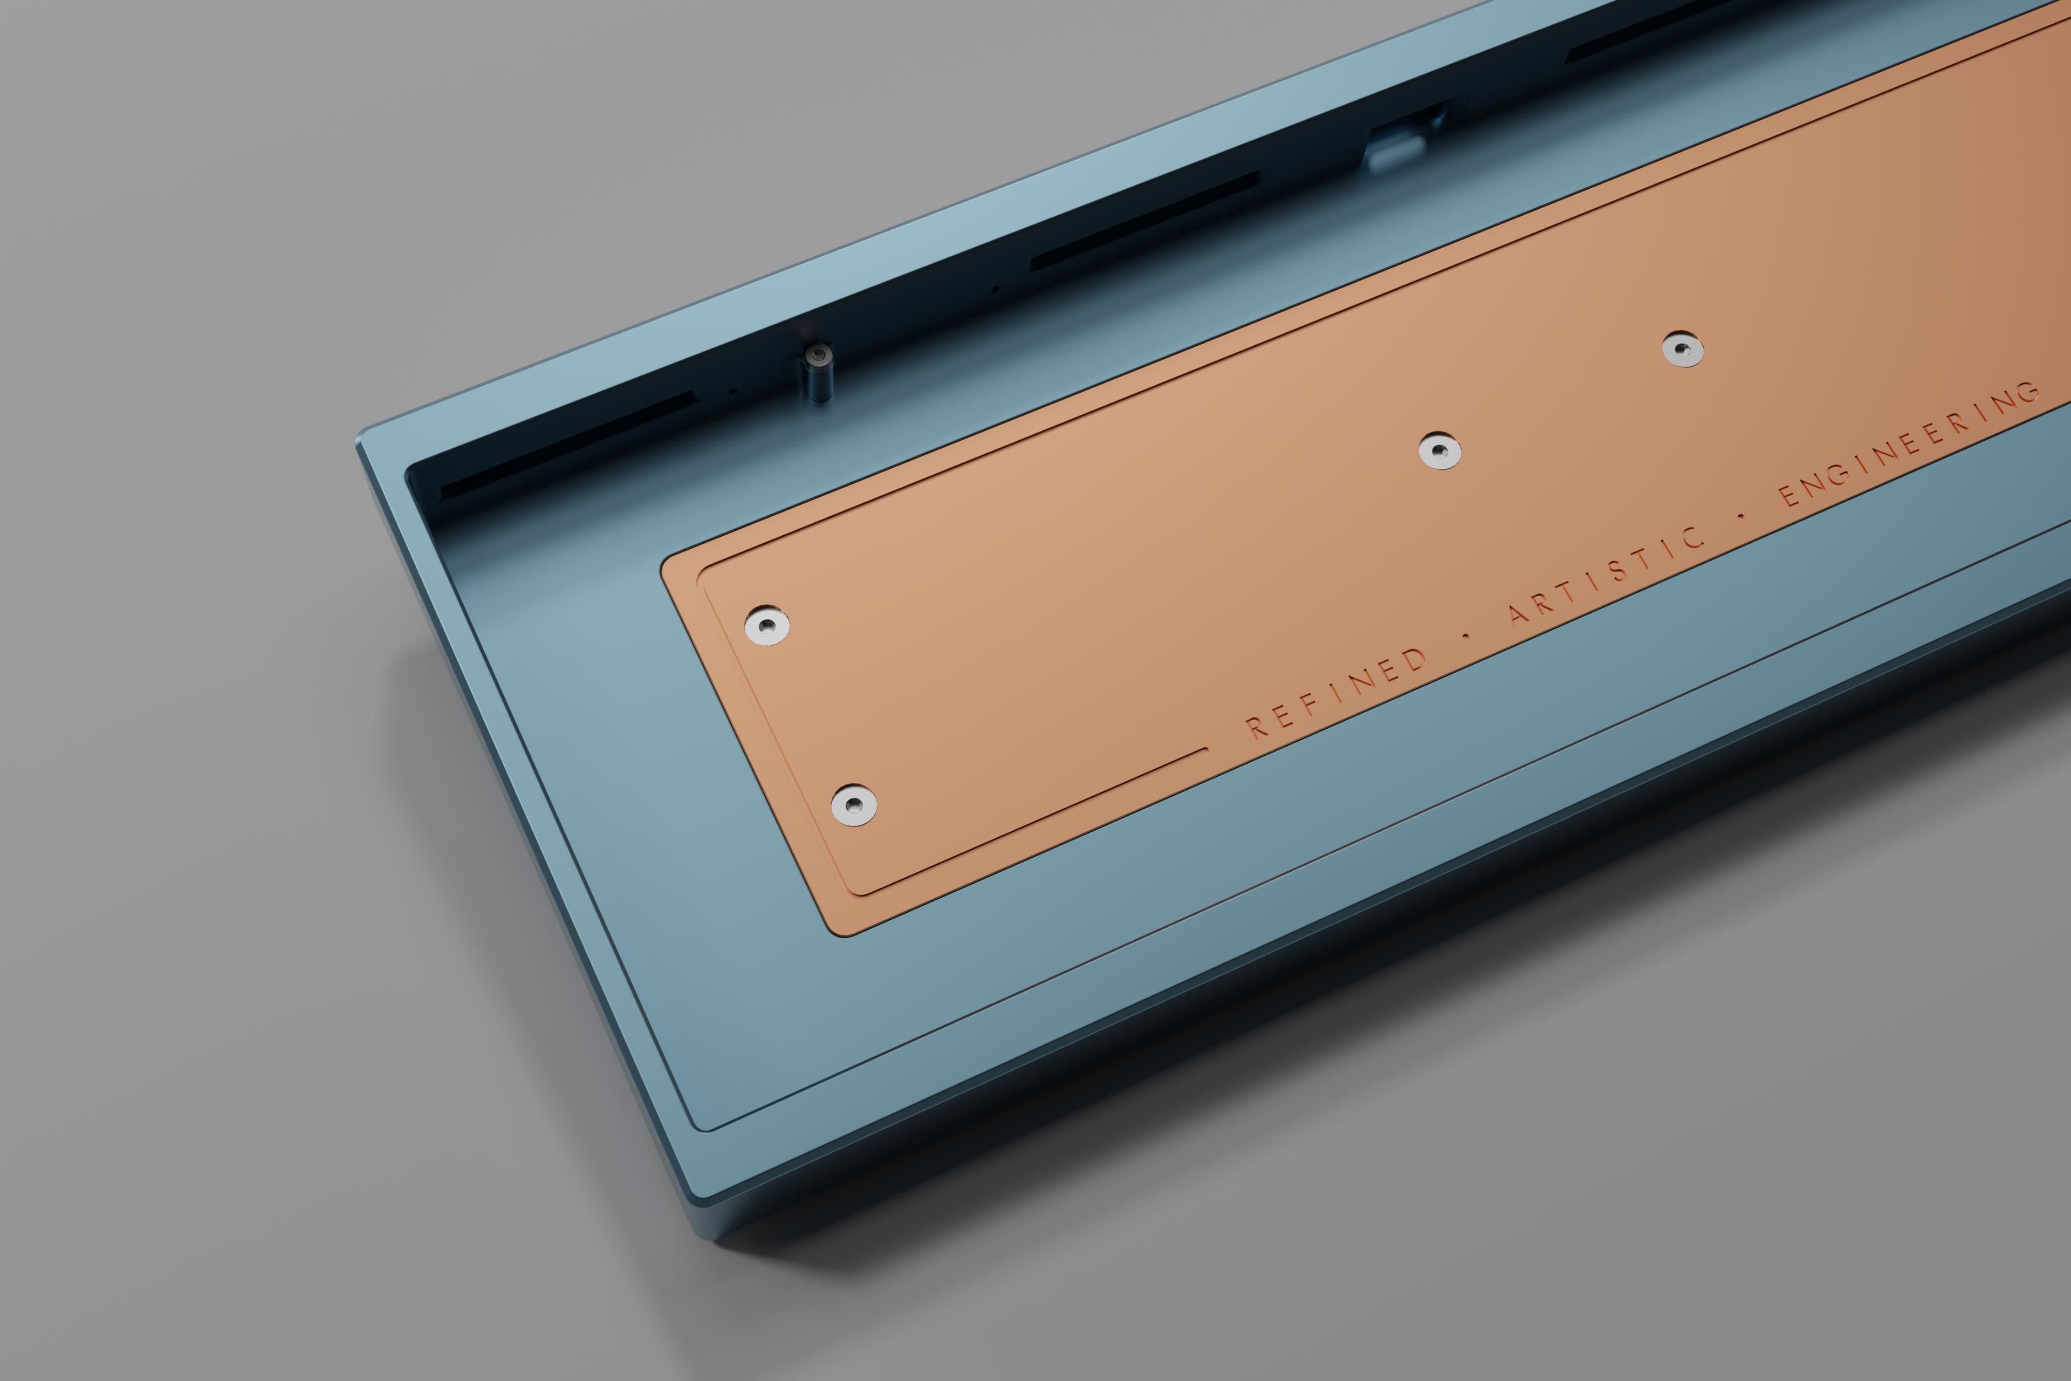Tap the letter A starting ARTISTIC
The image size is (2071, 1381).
click(x=1519, y=613)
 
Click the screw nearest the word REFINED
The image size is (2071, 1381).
click(x=853, y=804)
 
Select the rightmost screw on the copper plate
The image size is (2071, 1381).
click(x=1683, y=350)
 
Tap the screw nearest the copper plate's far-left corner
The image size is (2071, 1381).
click(x=766, y=625)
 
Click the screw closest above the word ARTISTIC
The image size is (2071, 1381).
click(x=1439, y=451)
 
